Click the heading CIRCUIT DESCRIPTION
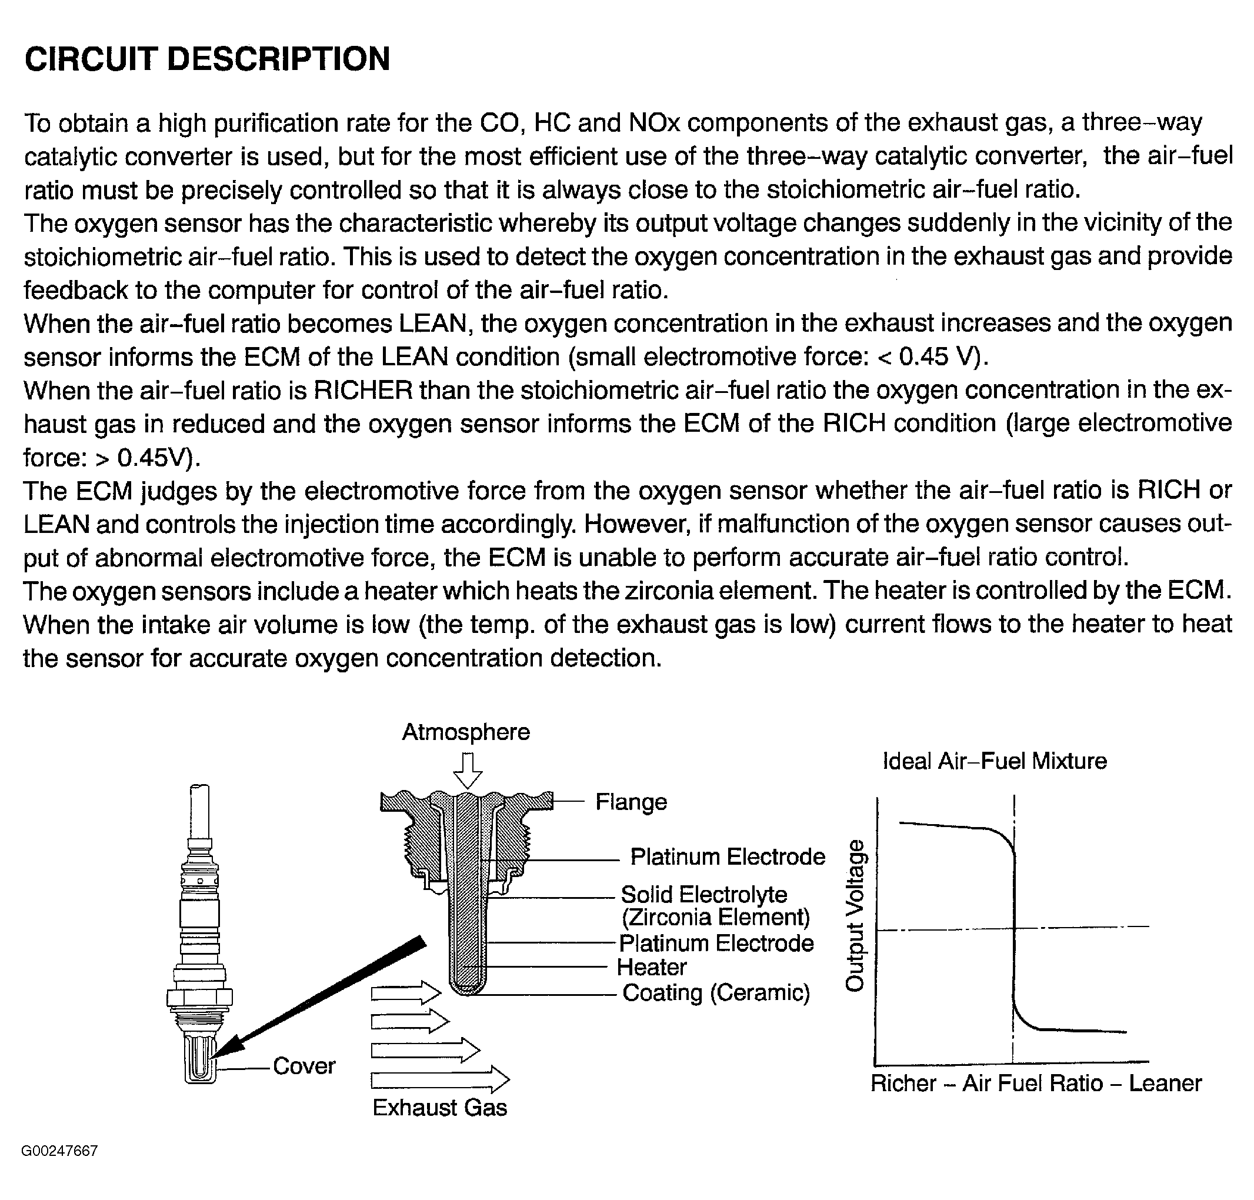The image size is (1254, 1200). pos(207,59)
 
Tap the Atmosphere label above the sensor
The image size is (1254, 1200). pos(465,732)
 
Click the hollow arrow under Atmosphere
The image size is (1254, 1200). pos(468,771)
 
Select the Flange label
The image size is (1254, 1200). pos(631,802)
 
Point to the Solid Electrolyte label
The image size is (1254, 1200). pos(703,894)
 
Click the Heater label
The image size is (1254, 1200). pos(651,966)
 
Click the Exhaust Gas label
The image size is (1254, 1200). pos(439,1107)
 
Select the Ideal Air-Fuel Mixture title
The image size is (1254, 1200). pos(995,761)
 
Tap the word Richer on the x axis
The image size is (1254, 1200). pos(903,1083)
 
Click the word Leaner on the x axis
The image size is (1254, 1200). pos(1165,1083)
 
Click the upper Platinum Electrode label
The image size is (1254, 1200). pos(727,856)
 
